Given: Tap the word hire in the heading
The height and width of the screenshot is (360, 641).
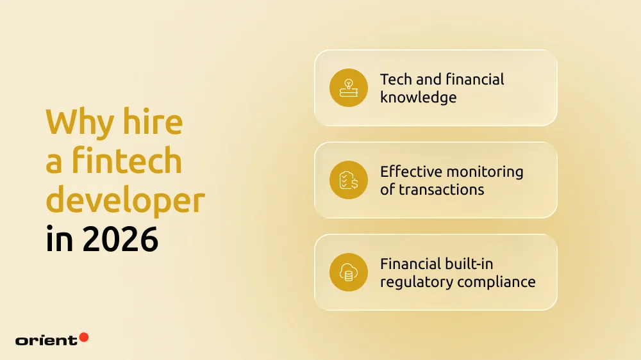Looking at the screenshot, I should pos(154,122).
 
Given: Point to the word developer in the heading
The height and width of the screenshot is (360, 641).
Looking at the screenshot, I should pos(125,200).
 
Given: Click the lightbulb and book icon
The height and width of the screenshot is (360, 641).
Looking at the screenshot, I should pos(349,88).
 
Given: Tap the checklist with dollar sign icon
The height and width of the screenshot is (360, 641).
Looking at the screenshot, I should pos(349,180).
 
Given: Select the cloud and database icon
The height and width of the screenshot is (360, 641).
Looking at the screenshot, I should pos(349,272).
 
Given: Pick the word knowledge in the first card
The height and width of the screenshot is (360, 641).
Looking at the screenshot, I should pos(418,97).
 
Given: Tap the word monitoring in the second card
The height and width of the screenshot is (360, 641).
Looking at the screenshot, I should pos(489,172).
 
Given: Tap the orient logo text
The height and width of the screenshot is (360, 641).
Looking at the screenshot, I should pos(46,340).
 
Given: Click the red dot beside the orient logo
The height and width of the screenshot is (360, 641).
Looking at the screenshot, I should pos(83,337).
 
